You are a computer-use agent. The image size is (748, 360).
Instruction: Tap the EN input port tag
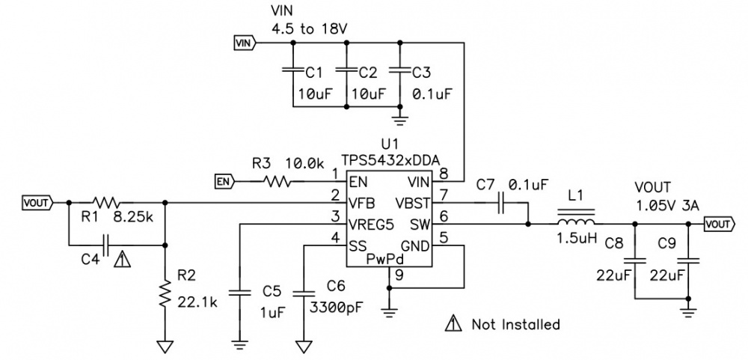[x=224, y=180]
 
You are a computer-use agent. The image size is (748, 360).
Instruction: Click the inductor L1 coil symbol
[x=575, y=222]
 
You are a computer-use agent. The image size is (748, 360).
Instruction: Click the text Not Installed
[x=515, y=324]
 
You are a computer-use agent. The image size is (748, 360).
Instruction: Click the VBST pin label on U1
[x=411, y=202]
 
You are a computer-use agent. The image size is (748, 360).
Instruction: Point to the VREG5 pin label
[x=370, y=223]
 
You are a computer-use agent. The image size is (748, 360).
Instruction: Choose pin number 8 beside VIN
[x=444, y=174]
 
